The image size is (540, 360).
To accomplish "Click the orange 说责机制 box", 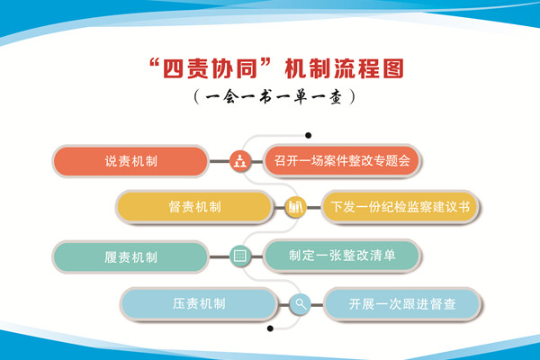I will coord(131,161).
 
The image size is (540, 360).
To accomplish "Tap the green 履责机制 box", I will coord(131,256).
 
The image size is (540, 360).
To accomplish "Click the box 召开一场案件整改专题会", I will coord(342,161).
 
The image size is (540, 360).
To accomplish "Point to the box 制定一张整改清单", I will coord(341,256).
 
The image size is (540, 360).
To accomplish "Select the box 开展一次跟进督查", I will coord(402,304).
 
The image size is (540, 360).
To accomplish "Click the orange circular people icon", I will coord(240,162).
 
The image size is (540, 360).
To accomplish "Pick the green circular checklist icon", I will coord(240,256).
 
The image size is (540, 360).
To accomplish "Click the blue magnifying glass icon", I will coord(300,304).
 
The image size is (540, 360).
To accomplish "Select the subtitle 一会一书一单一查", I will coord(270,94).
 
